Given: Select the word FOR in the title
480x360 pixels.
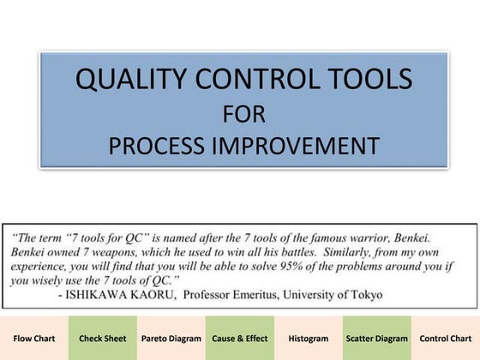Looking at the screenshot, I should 243,112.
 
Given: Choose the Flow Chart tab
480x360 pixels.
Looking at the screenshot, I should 34,339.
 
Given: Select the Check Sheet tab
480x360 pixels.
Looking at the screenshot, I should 103,339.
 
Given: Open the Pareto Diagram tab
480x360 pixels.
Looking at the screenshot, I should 171,339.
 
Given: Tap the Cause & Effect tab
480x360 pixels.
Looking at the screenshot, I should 240,339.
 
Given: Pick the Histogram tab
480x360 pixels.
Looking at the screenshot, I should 309,339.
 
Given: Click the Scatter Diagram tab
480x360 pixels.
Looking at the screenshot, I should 377,339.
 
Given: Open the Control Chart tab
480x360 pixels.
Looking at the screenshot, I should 446,339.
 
